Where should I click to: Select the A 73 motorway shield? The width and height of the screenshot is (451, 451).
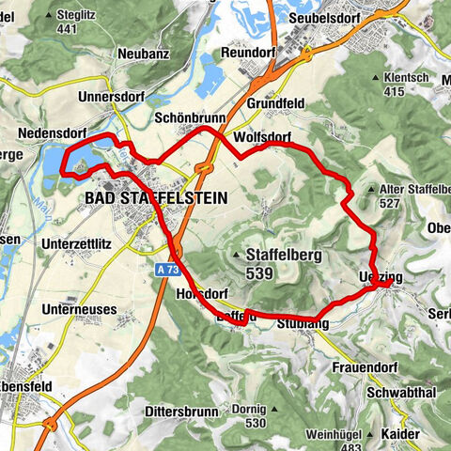click(x=162, y=269)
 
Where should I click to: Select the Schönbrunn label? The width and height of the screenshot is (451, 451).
click(x=186, y=119)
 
